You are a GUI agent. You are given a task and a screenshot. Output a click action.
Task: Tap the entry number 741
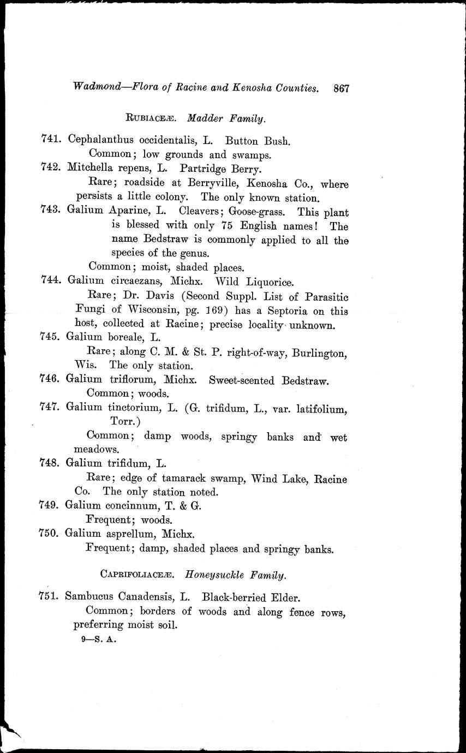tap(51, 139)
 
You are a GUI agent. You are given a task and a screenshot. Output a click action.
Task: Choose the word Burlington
tap(319, 353)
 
